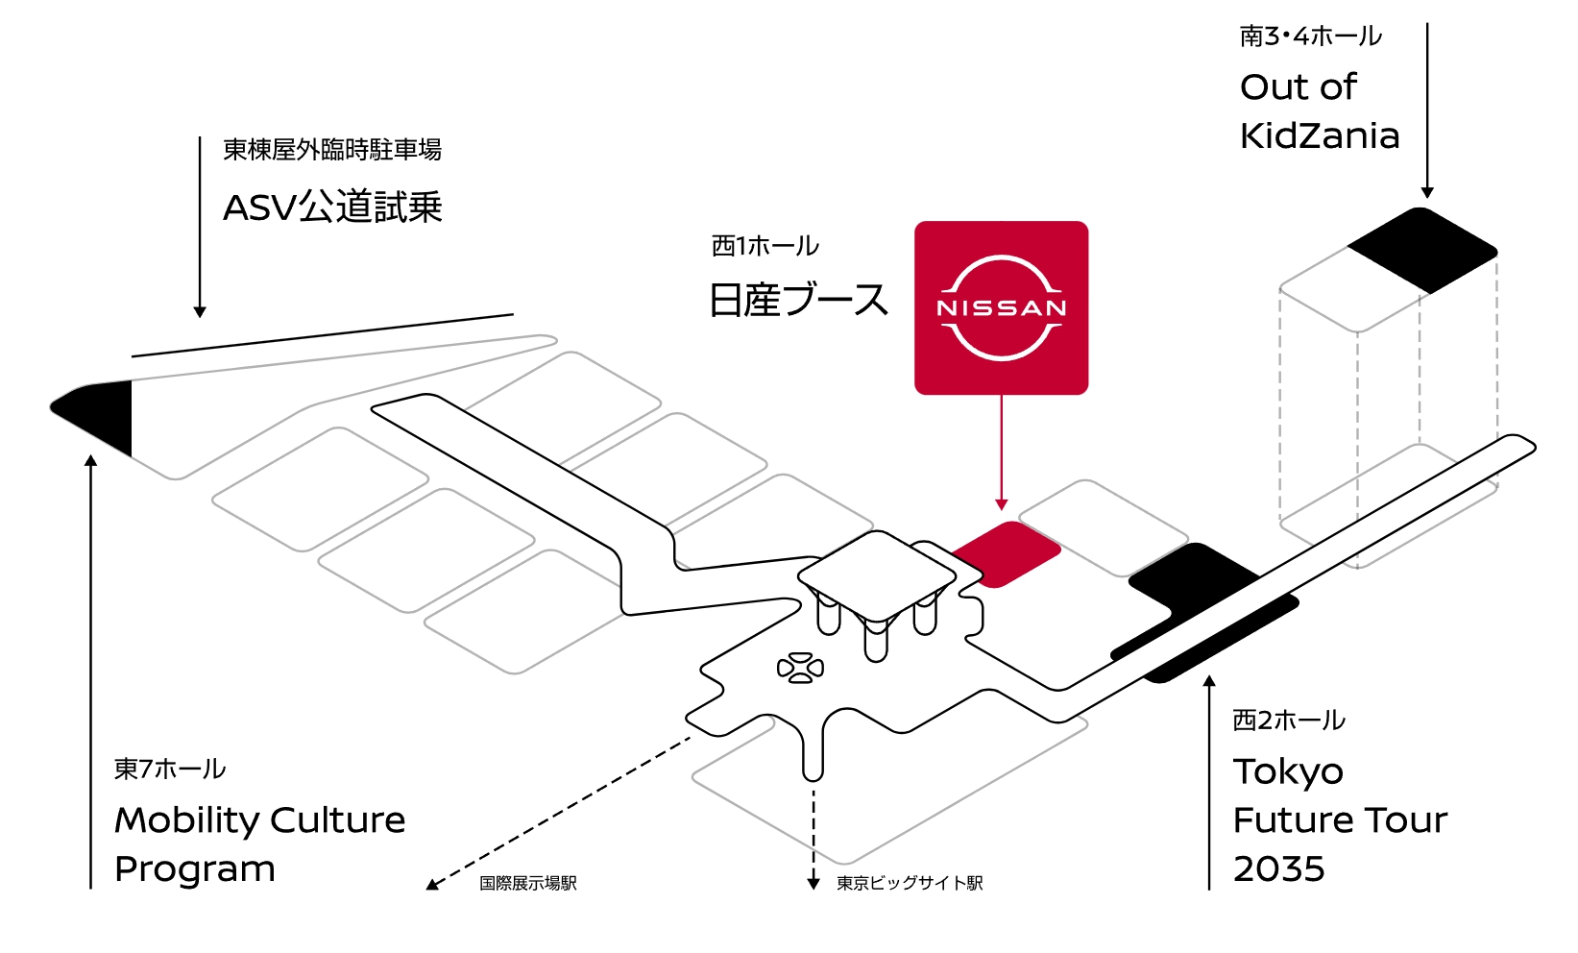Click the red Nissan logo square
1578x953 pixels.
1001,307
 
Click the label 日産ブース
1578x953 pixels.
798,300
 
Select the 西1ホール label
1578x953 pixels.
765,246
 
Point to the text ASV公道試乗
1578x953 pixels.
332,208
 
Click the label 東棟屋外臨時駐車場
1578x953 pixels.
332,150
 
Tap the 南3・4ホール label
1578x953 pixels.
1310,37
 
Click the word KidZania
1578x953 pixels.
1320,135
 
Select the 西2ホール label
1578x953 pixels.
1289,720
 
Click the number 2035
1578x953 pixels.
1279,868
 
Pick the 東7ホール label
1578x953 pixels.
170,769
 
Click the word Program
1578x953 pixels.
195,868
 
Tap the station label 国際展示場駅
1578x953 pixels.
528,883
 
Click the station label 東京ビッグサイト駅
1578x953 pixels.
910,883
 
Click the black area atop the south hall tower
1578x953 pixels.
1422,250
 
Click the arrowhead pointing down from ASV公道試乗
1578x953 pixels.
200,311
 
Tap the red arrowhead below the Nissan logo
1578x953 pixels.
1002,505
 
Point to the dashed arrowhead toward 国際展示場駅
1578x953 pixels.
432,884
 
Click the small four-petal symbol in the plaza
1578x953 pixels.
800,667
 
